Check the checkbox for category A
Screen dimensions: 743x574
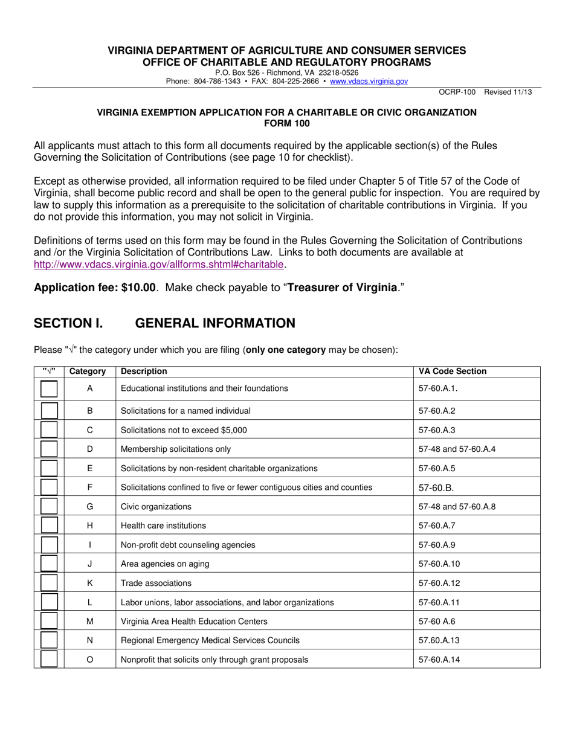pyautogui.click(x=49, y=389)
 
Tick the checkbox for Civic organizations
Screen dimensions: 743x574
pyautogui.click(x=49, y=507)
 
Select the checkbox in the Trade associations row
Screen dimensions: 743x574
pyautogui.click(x=49, y=584)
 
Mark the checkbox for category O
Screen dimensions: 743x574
pyautogui.click(x=49, y=660)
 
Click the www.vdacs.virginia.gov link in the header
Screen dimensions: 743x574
pyautogui.click(x=369, y=81)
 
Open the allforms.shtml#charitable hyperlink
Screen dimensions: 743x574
pyautogui.click(x=158, y=264)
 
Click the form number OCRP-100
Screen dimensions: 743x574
pyautogui.click(x=457, y=92)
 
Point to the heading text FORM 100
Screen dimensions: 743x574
pyautogui.click(x=287, y=123)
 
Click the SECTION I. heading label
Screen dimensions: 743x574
pyautogui.click(x=68, y=323)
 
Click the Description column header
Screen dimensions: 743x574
pyautogui.click(x=144, y=372)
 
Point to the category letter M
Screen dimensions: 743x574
pyautogui.click(x=90, y=621)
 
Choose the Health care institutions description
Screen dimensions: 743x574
pyautogui.click(x=163, y=526)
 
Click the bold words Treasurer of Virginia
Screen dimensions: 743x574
pyautogui.click(x=342, y=288)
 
